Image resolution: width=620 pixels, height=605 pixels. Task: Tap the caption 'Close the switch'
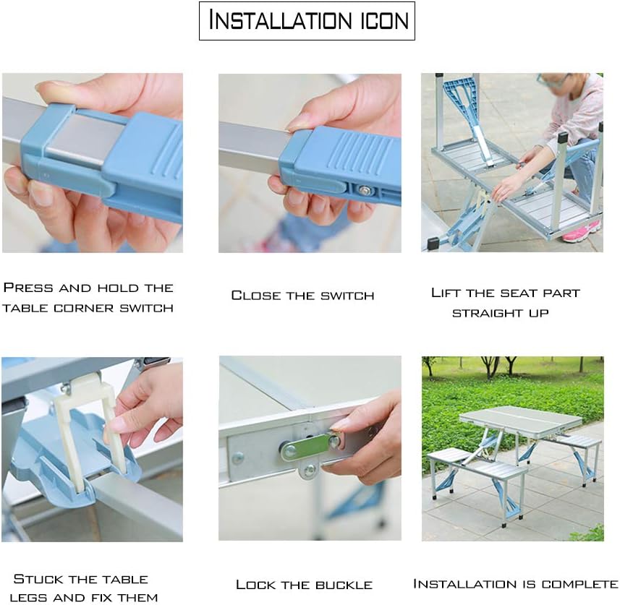tap(302, 295)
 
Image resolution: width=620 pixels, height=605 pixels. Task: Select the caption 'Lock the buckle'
tap(304, 584)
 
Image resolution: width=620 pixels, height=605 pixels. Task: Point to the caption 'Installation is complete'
tap(515, 583)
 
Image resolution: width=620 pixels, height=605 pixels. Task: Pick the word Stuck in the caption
tap(39, 579)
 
